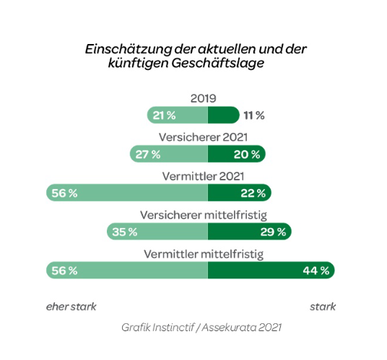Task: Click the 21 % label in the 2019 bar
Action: tap(164, 115)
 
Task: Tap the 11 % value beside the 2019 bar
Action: tap(254, 115)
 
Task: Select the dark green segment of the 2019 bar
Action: tap(224, 115)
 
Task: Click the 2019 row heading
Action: tap(203, 98)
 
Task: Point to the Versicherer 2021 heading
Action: tap(203, 137)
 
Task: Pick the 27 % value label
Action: tap(147, 154)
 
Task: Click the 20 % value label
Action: tap(247, 154)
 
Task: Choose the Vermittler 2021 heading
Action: tap(203, 176)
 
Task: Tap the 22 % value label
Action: tap(253, 193)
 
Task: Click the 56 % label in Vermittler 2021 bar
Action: tap(64, 193)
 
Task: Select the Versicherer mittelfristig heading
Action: tap(204, 215)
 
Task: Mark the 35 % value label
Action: tap(125, 232)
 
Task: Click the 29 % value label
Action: tap(273, 232)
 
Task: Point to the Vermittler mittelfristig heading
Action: tap(204, 254)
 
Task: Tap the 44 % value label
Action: tap(316, 271)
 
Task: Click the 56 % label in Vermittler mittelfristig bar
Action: tap(64, 271)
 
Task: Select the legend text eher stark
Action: tap(71, 307)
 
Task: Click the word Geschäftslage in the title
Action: tap(218, 63)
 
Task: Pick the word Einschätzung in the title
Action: tap(128, 49)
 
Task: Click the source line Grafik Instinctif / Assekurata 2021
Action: tap(201, 328)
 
